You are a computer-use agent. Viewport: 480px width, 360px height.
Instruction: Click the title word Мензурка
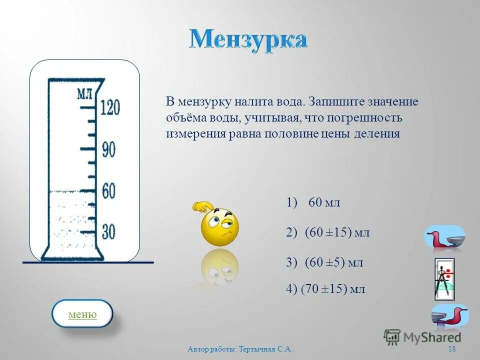pos(248,39)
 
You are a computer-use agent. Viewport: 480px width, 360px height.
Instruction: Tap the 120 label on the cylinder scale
pos(110,107)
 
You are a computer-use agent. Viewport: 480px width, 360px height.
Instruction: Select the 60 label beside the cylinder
pos(109,191)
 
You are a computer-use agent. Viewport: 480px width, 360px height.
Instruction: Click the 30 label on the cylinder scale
pos(108,231)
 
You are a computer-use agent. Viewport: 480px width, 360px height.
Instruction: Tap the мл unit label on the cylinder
pos(83,93)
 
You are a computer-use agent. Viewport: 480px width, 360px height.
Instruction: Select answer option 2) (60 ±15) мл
pos(328,232)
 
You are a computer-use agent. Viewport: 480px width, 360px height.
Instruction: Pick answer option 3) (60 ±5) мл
pos(325,262)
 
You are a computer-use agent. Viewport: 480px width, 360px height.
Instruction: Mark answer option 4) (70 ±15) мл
pos(326,289)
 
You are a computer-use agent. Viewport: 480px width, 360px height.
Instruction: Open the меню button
pos(82,314)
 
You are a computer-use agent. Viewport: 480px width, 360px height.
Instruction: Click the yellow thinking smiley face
pos(219,225)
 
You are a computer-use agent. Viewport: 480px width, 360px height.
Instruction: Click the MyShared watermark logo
pos(422,336)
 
